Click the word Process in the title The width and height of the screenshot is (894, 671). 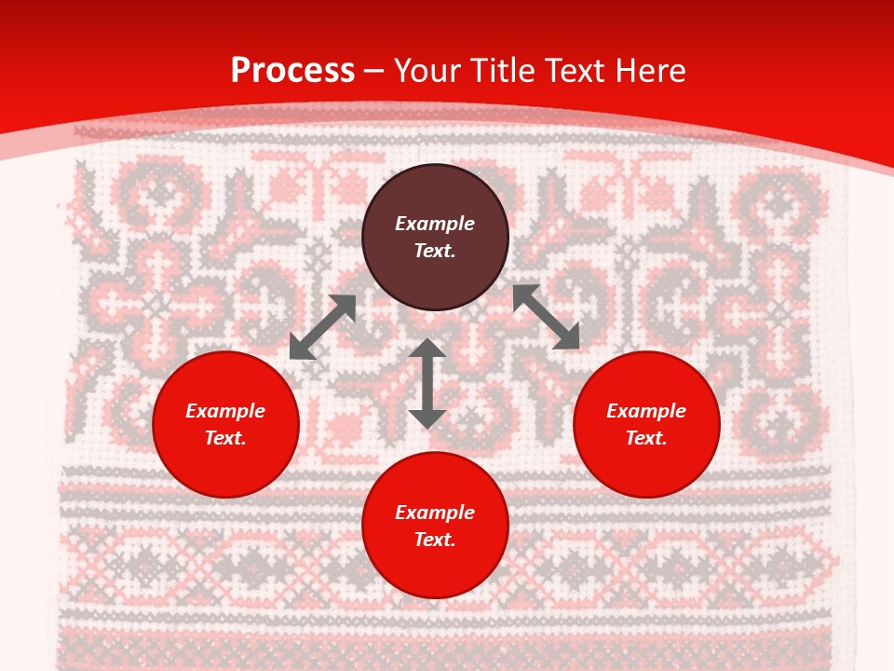(x=292, y=71)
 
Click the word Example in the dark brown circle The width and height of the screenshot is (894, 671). (x=435, y=224)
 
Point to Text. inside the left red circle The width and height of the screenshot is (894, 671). (x=225, y=438)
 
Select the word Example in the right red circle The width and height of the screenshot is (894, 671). (x=646, y=411)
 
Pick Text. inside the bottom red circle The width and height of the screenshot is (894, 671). (x=435, y=540)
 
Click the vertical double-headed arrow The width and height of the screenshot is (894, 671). (x=427, y=383)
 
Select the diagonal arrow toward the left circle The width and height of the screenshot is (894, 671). (x=322, y=327)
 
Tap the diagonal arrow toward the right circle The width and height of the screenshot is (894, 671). (x=546, y=317)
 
